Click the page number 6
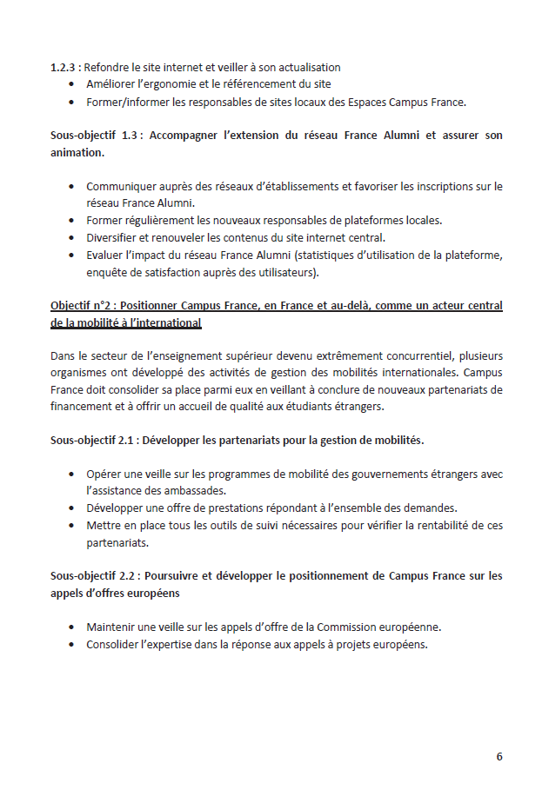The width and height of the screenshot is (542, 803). tap(499, 756)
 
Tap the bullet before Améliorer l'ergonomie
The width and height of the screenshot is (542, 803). tap(70, 85)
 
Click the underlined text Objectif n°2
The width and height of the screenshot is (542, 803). tap(88, 306)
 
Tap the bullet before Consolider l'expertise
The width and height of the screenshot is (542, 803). tap(70, 645)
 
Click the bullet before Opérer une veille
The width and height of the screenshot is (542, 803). tap(70, 474)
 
